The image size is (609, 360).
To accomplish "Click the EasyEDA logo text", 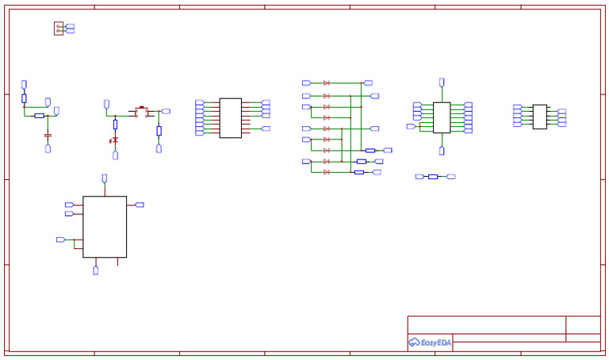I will coord(435,343).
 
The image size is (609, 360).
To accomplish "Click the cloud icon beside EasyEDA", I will coord(414,343).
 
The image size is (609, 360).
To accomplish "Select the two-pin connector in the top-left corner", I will coord(59,29).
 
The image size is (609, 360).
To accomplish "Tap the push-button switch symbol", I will coord(142,113).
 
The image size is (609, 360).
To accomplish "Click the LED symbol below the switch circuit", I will coord(115,140).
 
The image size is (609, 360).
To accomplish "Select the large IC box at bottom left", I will coord(105,227).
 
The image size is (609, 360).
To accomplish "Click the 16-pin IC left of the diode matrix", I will coord(230,118).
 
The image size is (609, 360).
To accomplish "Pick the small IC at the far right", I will coord(539,117).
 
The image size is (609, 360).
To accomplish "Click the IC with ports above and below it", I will coord(442,117).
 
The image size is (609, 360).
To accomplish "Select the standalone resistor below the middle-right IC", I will coord(433,177).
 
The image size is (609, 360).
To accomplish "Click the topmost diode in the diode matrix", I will coord(327,82).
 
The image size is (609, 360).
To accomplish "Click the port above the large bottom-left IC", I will coord(105,178).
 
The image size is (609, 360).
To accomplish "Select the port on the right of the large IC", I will coord(140,205).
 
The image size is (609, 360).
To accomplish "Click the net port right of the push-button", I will coord(166,112).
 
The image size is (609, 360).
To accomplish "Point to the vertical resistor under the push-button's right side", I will coord(159,131).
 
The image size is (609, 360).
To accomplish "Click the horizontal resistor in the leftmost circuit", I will coord(39,116).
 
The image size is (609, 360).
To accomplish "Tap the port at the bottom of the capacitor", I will coord(48,148).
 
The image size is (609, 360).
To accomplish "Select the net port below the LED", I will coord(115,155).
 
